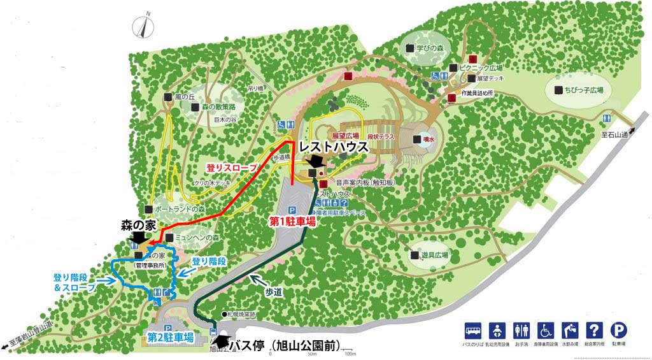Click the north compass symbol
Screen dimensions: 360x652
point(145,27)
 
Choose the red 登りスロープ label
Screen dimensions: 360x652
point(231,168)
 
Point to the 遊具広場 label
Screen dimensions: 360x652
point(435,255)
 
